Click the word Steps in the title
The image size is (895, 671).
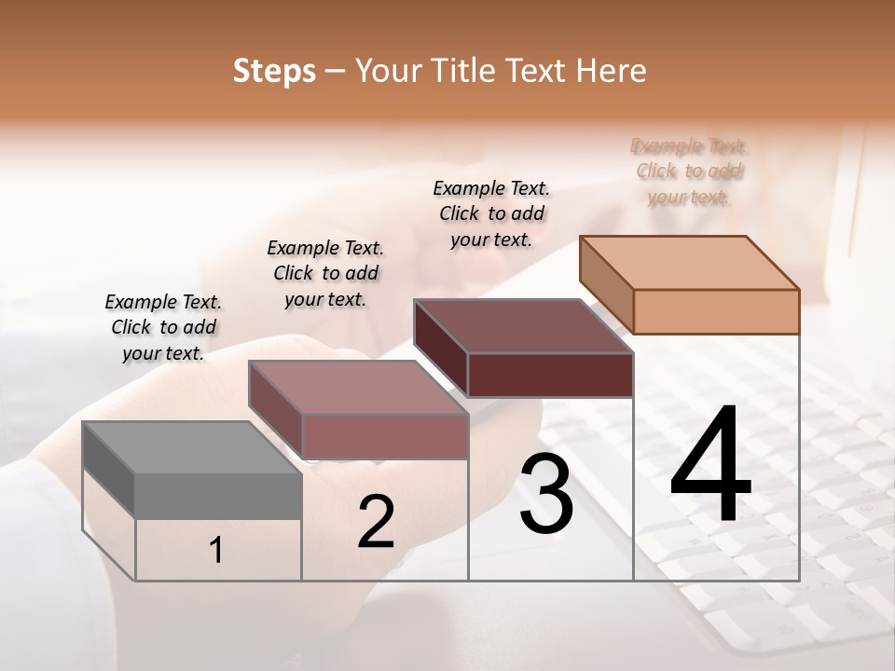[274, 72]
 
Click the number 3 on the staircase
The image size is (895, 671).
[545, 494]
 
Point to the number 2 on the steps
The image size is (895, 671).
[376, 522]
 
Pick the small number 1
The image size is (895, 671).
[216, 551]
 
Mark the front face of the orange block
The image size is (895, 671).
[716, 311]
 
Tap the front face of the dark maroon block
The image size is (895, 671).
[550, 375]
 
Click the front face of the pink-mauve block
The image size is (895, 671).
[384, 436]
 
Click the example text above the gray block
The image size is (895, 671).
[163, 327]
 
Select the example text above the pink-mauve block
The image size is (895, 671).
[325, 273]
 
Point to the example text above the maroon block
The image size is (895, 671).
[491, 213]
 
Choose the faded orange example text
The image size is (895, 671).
[689, 171]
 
